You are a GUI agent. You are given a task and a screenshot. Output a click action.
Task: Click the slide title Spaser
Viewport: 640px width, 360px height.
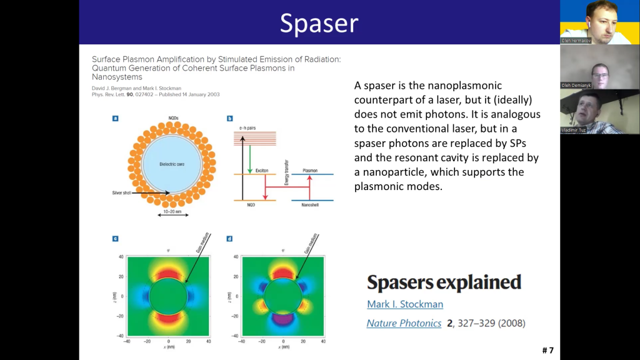point(319,22)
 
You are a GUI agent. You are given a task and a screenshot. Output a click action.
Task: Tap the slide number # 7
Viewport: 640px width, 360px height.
point(547,350)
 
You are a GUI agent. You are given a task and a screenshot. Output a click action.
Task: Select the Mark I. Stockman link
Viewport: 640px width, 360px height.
point(404,304)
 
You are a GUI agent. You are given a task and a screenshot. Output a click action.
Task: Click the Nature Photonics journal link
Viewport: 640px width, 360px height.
point(403,323)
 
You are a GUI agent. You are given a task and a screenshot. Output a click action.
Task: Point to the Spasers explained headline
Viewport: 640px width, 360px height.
point(444,282)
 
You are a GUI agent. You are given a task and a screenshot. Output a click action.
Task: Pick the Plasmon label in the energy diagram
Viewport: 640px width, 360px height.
point(310,170)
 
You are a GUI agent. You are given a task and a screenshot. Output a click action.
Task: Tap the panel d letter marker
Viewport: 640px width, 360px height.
point(229,238)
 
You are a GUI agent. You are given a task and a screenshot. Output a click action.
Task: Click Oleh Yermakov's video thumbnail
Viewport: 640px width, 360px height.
point(599,22)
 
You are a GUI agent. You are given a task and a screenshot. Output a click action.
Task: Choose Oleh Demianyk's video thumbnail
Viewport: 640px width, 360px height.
point(599,67)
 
